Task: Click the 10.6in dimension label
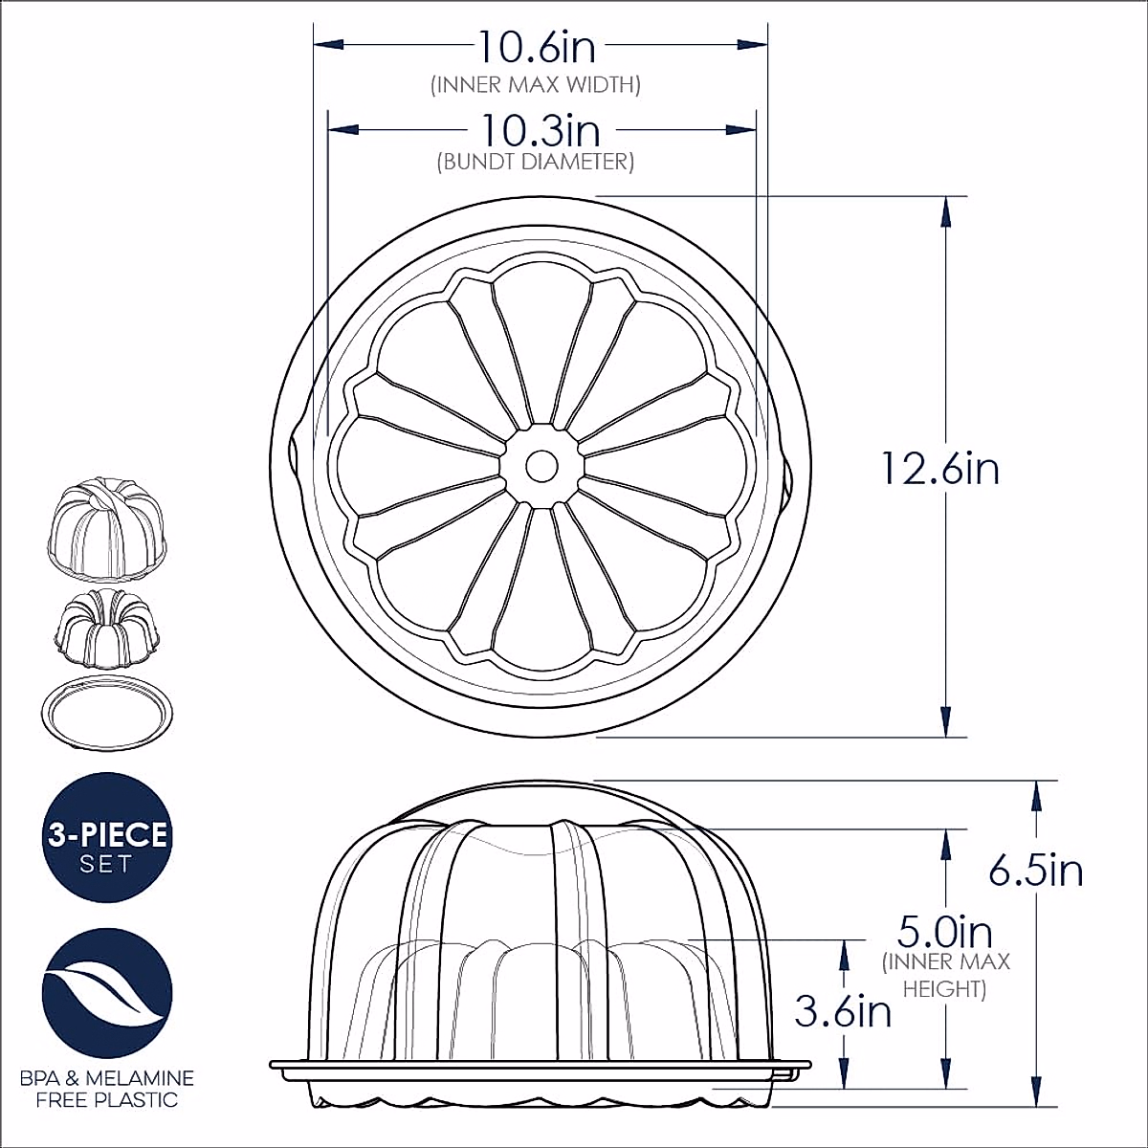coord(537,47)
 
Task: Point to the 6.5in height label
coord(1036,871)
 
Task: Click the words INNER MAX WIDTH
coord(536,85)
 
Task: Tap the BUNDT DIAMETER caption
coord(536,162)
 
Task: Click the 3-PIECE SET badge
coord(107,837)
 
